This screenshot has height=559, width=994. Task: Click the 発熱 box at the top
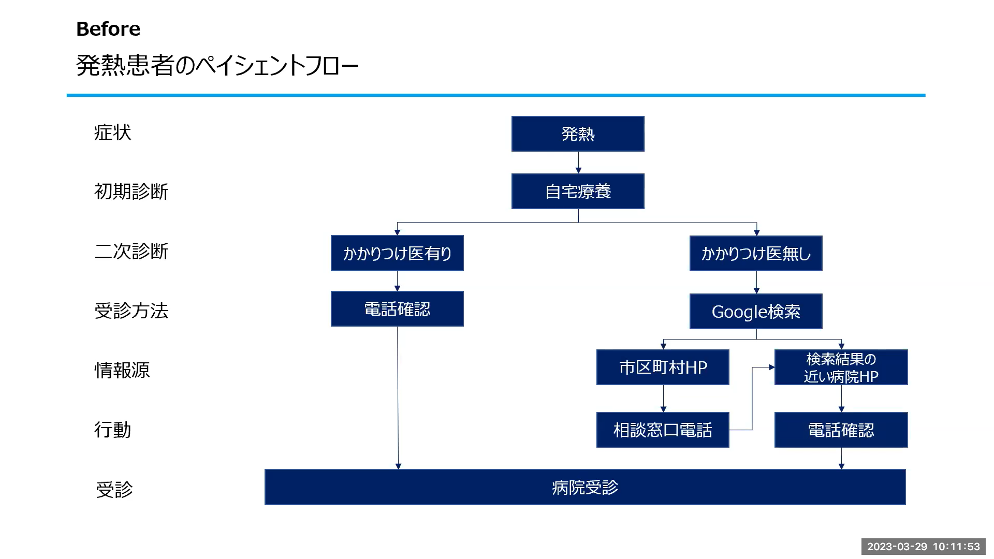(578, 134)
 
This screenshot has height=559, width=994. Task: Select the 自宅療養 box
(578, 191)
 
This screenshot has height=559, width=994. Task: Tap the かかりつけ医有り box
(397, 253)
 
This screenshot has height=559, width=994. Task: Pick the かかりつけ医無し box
(756, 253)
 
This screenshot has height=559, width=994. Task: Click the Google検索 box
(756, 311)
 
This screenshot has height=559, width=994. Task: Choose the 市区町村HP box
(663, 367)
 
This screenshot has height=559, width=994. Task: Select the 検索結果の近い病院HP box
(841, 367)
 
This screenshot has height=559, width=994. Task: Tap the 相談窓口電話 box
(663, 430)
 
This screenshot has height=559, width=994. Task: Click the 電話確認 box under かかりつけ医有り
(397, 308)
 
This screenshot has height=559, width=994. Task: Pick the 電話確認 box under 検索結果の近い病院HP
(841, 430)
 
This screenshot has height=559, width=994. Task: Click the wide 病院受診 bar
(585, 487)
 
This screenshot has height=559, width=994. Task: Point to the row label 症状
(112, 133)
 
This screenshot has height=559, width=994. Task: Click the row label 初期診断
(131, 192)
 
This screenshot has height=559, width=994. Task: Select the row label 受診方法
(131, 311)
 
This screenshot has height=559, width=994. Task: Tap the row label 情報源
(122, 370)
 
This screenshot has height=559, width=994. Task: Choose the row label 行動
(112, 430)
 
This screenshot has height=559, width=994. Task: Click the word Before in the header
(108, 29)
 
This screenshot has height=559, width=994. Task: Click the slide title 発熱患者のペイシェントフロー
(217, 66)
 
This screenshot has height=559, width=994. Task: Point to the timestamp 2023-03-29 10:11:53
(924, 547)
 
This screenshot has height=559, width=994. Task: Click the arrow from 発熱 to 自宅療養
(578, 163)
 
